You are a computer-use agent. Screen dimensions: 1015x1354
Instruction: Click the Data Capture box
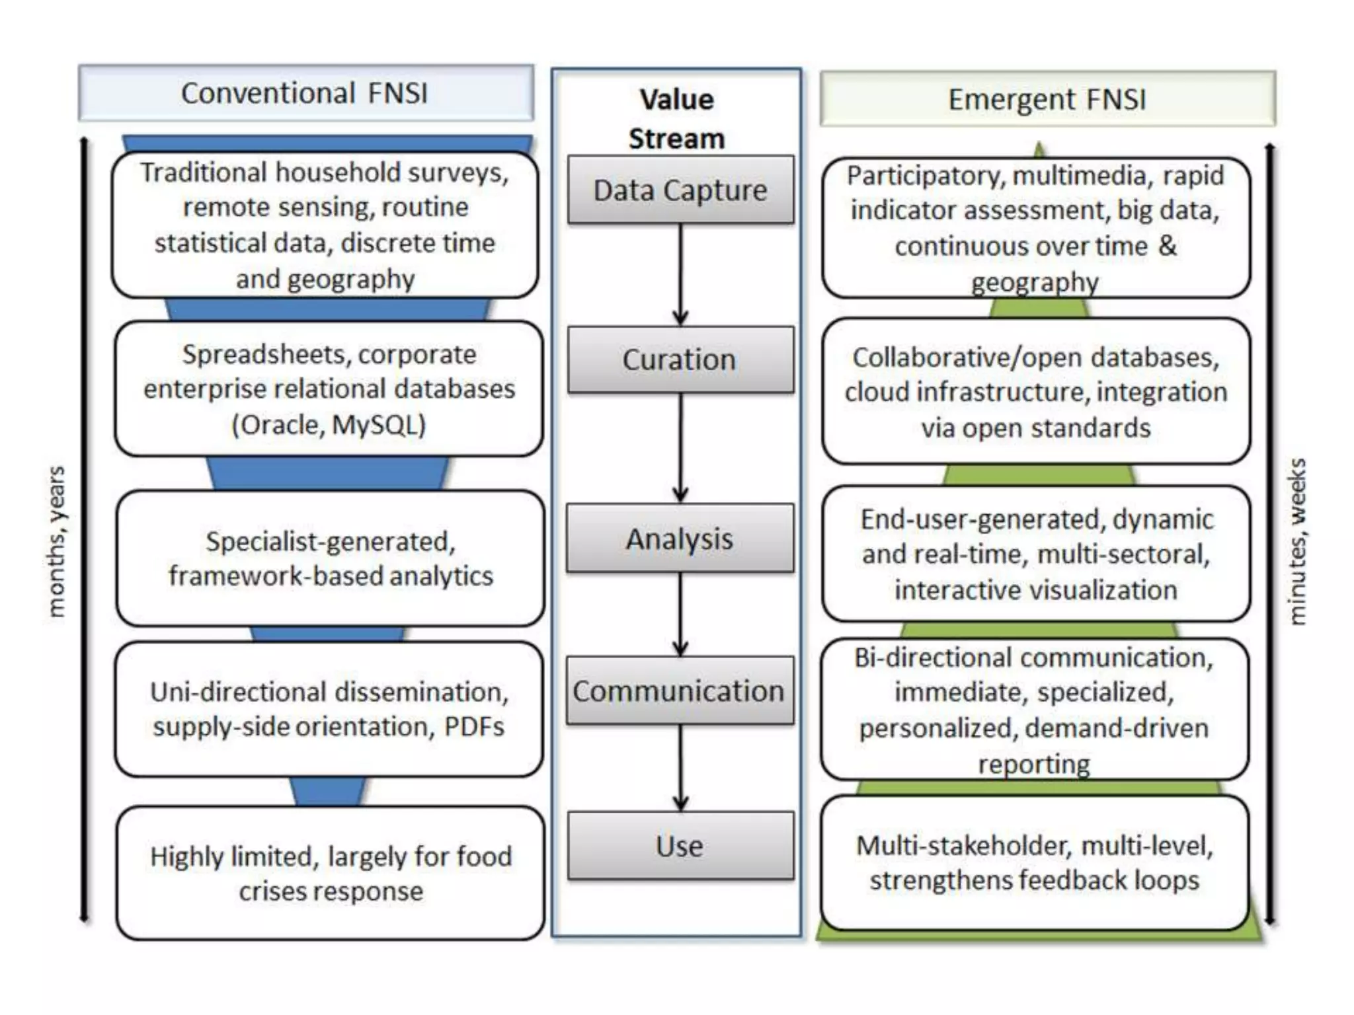point(680,190)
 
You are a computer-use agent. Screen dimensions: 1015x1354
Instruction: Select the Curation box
point(680,360)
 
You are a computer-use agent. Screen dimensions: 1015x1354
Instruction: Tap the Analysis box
point(680,539)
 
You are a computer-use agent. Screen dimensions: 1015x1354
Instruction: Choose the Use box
point(680,846)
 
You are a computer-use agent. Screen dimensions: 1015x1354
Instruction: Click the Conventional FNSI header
point(305,93)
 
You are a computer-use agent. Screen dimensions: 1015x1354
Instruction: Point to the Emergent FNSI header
point(1047,99)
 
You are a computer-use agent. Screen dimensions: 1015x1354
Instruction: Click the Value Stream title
point(676,119)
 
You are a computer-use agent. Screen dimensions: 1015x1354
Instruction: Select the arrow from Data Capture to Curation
point(680,274)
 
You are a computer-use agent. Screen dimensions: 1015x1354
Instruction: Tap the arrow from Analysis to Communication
point(680,613)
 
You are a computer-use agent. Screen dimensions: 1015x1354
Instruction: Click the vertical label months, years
point(57,542)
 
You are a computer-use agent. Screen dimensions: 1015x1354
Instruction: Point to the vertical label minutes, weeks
point(1298,542)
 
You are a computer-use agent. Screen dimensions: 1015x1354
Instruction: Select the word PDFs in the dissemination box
point(474,727)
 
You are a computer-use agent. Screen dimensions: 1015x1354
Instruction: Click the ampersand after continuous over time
point(1168,246)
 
